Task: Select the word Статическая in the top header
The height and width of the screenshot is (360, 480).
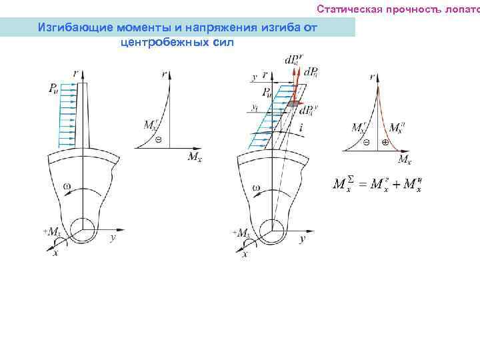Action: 345,9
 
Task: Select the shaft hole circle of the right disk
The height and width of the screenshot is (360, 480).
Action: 274,230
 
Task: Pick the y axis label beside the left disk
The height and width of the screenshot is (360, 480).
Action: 113,237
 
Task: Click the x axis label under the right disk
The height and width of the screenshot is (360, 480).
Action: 245,255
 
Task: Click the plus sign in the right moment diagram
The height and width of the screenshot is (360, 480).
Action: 385,143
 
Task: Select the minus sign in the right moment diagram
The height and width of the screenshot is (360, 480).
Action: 366,143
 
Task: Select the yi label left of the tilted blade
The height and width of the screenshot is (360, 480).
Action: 256,105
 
